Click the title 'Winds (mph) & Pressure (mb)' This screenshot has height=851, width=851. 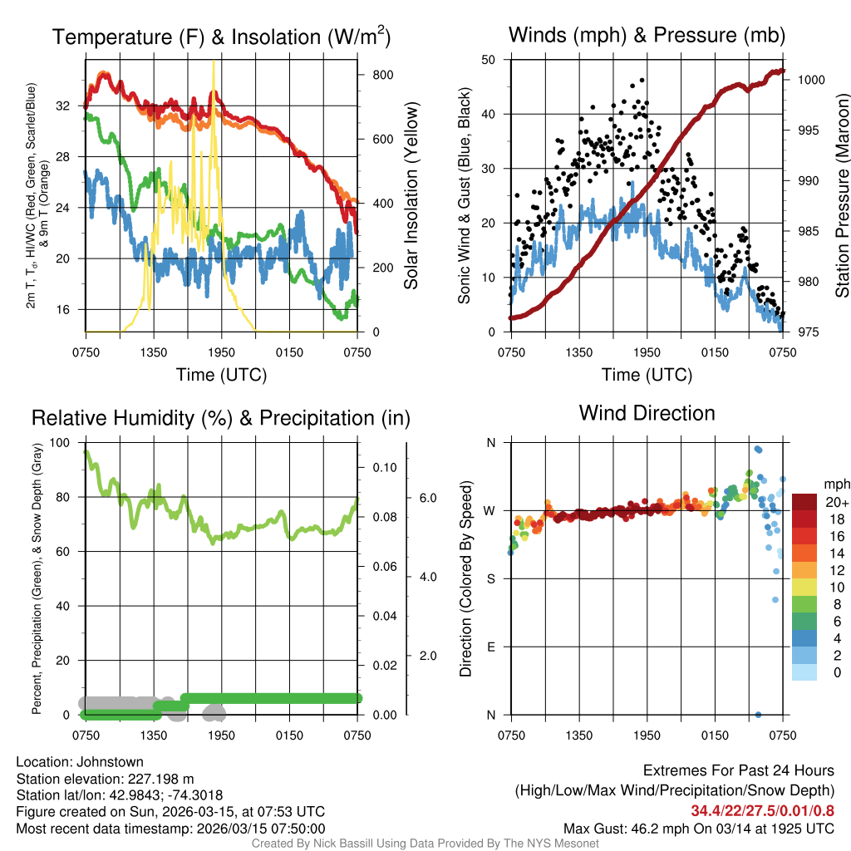coord(647,36)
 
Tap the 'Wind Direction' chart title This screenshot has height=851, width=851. coord(647,413)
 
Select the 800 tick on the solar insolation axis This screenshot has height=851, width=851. coord(383,74)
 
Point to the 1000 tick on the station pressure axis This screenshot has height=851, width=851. coord(811,80)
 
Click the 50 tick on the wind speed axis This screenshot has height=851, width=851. coord(489,60)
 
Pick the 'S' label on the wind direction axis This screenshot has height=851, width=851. coord(490,578)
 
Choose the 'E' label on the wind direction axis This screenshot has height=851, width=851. coord(490,647)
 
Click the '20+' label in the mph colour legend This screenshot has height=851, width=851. coord(835,502)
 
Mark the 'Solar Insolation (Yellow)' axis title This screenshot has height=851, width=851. coord(412,196)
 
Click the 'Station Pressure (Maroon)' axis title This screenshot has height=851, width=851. coord(841,196)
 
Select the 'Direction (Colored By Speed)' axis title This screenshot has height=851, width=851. coord(466,578)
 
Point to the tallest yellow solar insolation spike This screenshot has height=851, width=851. coord(214,62)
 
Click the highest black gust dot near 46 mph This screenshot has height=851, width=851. coord(642,81)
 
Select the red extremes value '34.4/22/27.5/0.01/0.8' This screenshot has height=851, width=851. coord(762,811)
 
